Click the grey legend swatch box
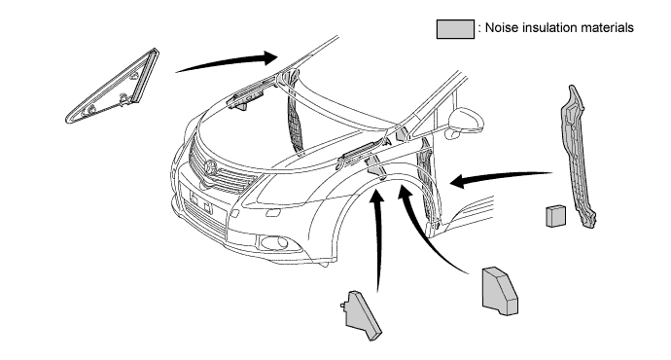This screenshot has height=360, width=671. (455, 29)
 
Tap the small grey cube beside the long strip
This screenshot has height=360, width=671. (555, 216)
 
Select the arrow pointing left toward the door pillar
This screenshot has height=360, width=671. (501, 178)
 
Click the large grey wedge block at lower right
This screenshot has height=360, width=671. (500, 292)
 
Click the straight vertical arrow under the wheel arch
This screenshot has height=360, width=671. (377, 239)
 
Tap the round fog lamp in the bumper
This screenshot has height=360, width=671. (275, 243)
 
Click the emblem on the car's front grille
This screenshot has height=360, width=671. (210, 167)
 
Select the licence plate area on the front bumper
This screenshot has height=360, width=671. (200, 201)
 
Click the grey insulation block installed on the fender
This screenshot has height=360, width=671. (376, 167)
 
